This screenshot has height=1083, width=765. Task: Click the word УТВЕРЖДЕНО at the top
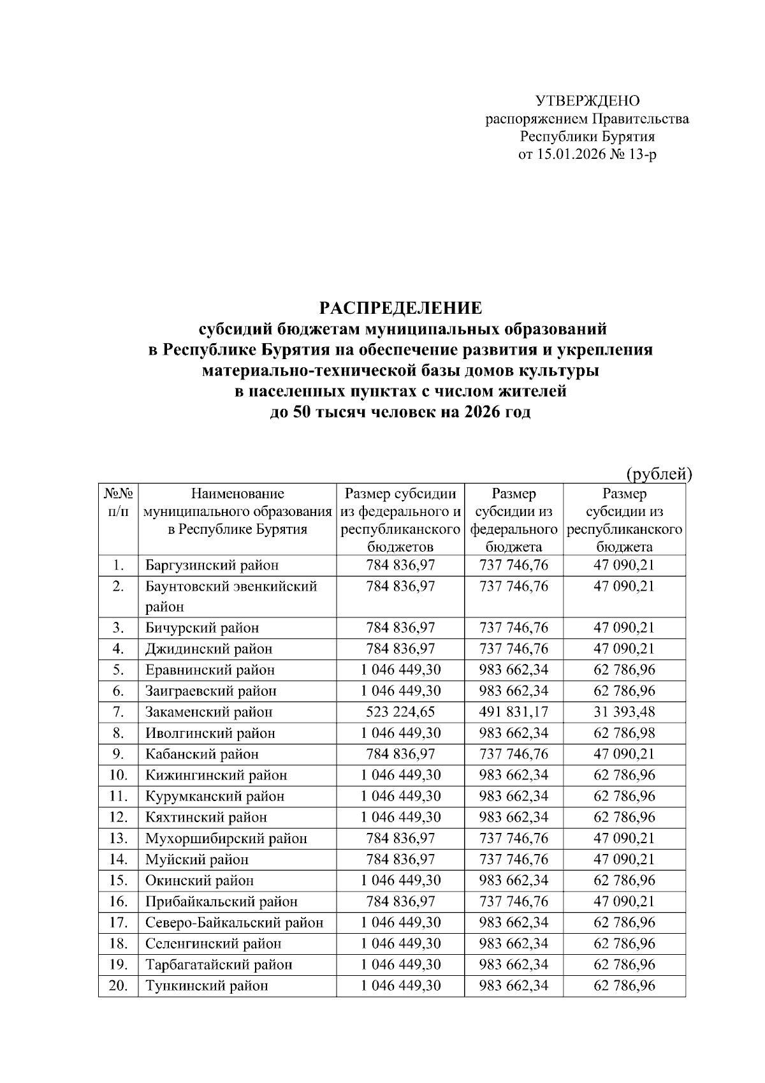(587, 101)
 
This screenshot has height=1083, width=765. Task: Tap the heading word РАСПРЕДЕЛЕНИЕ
(400, 309)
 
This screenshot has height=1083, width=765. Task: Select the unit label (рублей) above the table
(659, 474)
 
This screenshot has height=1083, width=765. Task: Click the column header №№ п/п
(119, 503)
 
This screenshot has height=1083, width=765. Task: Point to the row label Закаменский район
(208, 712)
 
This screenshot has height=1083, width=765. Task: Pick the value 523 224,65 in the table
(400, 712)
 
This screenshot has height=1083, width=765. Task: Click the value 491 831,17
(513, 712)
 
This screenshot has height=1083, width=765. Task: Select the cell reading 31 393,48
(624, 712)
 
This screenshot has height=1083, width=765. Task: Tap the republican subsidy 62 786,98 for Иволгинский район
(624, 733)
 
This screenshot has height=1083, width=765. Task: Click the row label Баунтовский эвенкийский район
(231, 596)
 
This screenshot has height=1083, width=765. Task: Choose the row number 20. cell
(119, 985)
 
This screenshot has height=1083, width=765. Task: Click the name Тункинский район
(207, 985)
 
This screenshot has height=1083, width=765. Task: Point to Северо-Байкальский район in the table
(234, 922)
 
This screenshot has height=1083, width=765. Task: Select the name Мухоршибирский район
(226, 838)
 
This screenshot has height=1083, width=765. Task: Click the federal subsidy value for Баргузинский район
(513, 565)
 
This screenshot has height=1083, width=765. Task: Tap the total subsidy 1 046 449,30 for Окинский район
(400, 880)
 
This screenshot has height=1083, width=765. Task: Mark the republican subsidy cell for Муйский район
(624, 859)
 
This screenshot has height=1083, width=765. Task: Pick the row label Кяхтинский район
(206, 817)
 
